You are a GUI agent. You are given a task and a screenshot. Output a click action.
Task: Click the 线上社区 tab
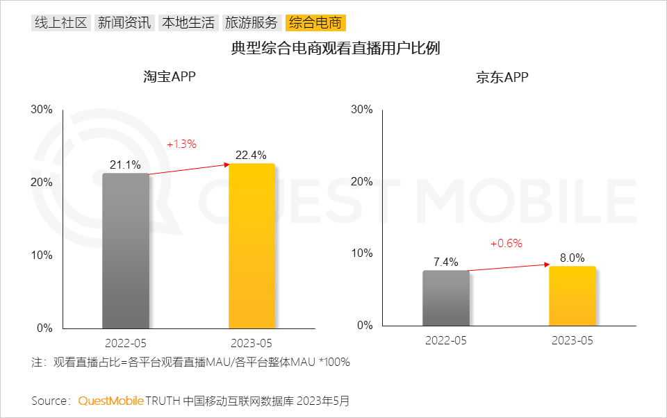coord(61,23)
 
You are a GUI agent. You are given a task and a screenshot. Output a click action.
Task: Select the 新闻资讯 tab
coord(124,23)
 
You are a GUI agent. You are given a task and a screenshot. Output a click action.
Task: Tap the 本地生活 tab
coord(188,23)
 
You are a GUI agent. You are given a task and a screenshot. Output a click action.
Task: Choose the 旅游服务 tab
coord(251,23)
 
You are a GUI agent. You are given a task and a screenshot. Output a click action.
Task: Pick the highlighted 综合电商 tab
coord(315,23)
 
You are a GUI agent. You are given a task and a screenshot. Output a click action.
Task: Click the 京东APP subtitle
coord(502,77)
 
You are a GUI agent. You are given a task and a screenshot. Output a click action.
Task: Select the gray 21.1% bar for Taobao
coord(126,251)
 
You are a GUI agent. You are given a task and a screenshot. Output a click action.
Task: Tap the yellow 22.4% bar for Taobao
coord(252,246)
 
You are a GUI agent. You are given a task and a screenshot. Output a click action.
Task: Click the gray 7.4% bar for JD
coord(446,298)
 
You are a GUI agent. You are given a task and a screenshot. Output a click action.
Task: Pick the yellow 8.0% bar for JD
coord(572,296)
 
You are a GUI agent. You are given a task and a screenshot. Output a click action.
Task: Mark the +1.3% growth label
coord(181,144)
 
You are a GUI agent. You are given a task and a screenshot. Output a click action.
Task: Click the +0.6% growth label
coord(506,244)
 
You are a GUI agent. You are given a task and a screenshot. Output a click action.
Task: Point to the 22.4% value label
coord(251,156)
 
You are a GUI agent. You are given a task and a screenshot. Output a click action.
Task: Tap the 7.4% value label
coord(446,262)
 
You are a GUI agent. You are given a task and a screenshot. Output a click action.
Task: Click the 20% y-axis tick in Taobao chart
coord(42,182)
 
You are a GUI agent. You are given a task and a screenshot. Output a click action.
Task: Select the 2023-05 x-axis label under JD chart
coord(572,341)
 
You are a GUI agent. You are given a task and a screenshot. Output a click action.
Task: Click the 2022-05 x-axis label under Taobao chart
coord(126,344)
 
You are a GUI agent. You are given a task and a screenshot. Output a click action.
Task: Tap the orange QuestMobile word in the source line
coord(110,401)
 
